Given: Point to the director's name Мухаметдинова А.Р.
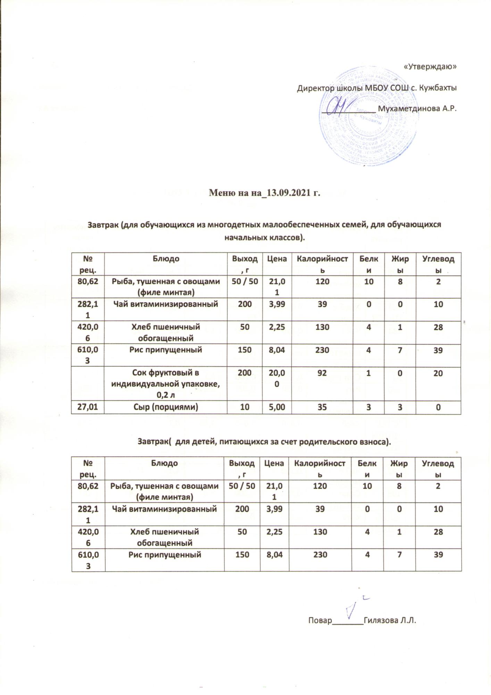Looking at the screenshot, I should pyautogui.click(x=417, y=108).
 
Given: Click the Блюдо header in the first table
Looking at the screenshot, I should pyautogui.click(x=166, y=259).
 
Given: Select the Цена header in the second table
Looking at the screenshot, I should pyautogui.click(x=274, y=463).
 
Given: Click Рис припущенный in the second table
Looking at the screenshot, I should pyautogui.click(x=165, y=555).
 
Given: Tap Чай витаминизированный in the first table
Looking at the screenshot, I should pyautogui.click(x=166, y=304).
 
